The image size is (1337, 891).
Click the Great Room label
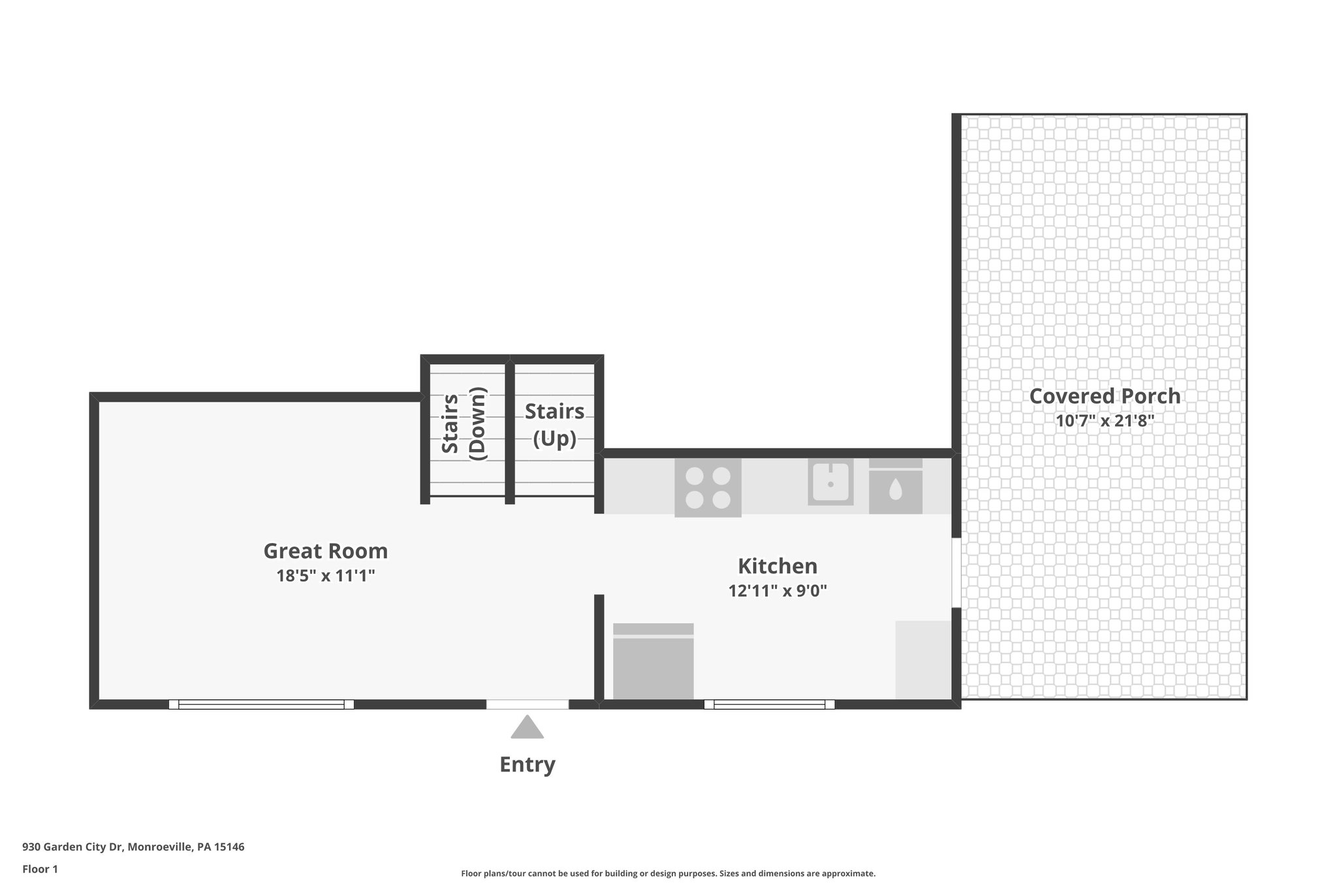[x=325, y=551]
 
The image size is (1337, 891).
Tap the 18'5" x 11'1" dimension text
[x=325, y=576]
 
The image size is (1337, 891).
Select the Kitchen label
[x=777, y=565]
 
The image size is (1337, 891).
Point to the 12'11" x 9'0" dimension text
[x=777, y=591]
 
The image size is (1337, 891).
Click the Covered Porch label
[x=1105, y=396]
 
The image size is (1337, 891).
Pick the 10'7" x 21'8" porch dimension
[x=1105, y=421]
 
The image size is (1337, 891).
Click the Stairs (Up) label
[x=554, y=425]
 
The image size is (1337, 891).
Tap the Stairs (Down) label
[x=464, y=424]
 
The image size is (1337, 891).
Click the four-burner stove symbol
[x=708, y=488]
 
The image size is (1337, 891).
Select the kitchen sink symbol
[x=830, y=482]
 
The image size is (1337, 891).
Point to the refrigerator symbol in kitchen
[x=653, y=661]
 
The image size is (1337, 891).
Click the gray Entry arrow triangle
[x=527, y=728]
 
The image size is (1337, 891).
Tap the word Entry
[x=527, y=764]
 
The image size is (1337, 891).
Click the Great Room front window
[x=261, y=704]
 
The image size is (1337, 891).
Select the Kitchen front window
[x=769, y=704]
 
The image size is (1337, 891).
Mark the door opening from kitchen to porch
[x=956, y=572]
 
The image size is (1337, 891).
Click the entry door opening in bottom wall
[x=527, y=704]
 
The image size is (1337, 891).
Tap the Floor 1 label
[x=40, y=869]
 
